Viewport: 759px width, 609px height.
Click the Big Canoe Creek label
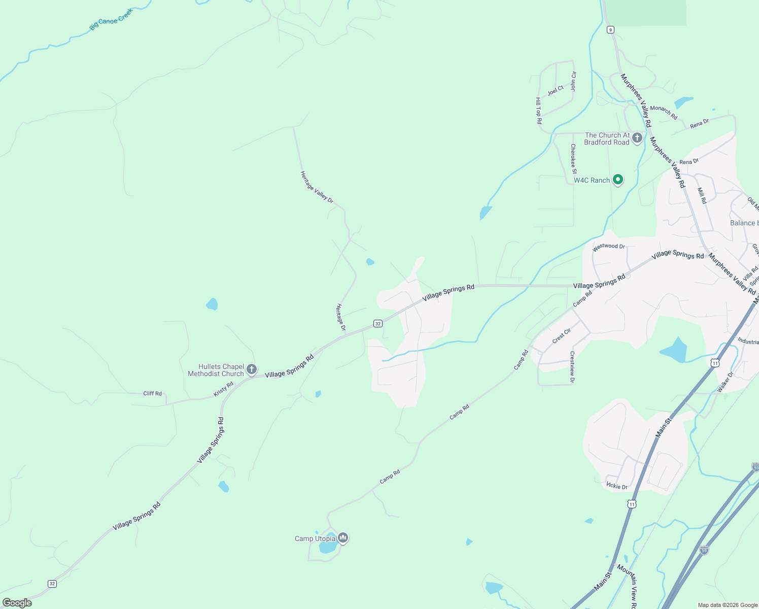(x=111, y=19)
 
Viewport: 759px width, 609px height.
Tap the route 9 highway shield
(x=610, y=30)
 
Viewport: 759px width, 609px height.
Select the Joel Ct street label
(x=556, y=90)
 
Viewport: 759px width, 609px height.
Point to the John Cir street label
(x=573, y=81)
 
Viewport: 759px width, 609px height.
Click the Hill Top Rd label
(x=539, y=111)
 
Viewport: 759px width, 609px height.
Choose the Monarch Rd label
(x=664, y=112)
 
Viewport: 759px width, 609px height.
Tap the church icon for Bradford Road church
(x=637, y=138)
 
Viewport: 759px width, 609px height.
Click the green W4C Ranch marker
(x=618, y=180)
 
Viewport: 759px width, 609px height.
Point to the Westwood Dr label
(x=609, y=247)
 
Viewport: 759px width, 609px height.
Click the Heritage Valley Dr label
(x=317, y=187)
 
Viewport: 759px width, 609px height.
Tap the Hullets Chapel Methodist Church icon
(x=252, y=370)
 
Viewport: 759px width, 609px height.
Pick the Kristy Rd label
(x=223, y=389)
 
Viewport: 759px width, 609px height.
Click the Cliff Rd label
(x=152, y=393)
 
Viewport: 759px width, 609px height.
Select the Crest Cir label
(x=562, y=335)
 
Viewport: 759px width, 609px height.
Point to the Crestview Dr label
(x=572, y=367)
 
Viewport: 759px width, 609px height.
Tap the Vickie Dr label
(x=617, y=486)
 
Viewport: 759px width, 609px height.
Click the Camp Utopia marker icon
(x=343, y=538)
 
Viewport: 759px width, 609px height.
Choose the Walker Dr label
(x=726, y=382)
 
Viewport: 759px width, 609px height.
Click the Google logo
(x=17, y=603)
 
